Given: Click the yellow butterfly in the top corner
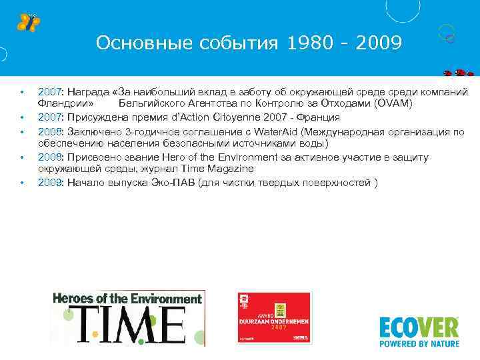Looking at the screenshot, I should pyautogui.click(x=29, y=22).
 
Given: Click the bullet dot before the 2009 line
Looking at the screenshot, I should pyautogui.click(x=21, y=183).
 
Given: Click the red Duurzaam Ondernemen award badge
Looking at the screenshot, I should pyautogui.click(x=274, y=319).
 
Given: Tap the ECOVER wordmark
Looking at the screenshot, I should pyautogui.click(x=419, y=327).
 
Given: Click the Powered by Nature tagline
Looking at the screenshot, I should pyautogui.click(x=419, y=344).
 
